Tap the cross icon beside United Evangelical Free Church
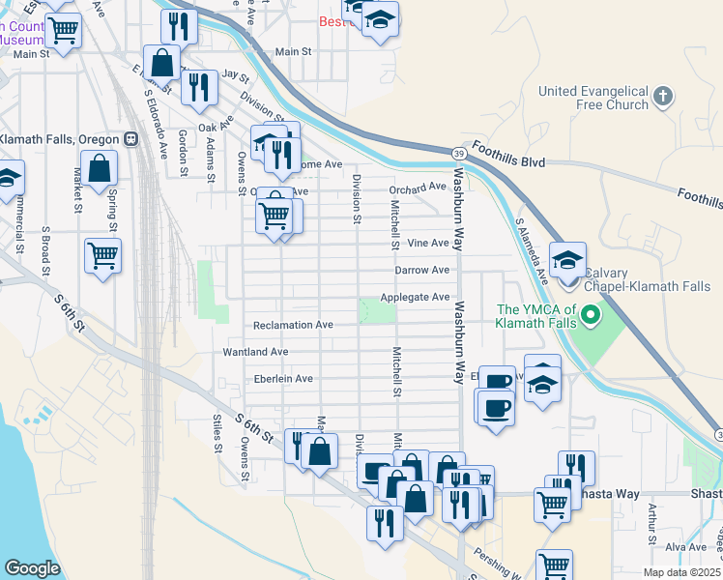coord(662,96)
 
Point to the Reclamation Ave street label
coord(293,326)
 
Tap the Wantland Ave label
coord(256,352)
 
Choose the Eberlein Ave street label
coord(283,379)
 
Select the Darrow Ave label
coord(421,270)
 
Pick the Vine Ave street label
coord(428,243)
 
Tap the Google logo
coord(32,568)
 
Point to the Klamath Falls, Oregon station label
coord(58,138)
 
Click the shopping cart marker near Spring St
coord(101,257)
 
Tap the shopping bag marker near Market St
coord(99,168)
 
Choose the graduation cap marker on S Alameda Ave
coord(567,260)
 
